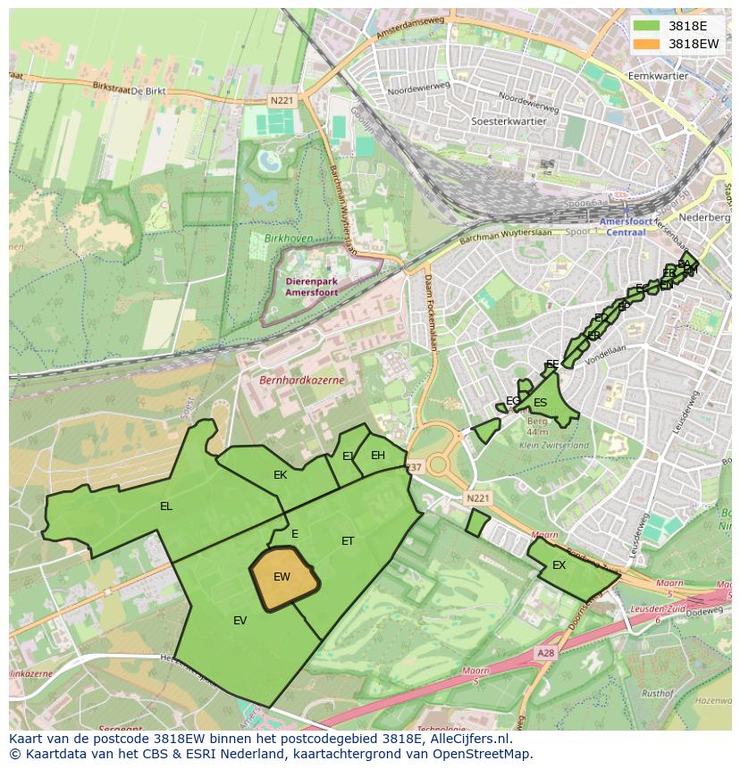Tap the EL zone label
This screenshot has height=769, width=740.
166,506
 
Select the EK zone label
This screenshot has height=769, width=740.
280,475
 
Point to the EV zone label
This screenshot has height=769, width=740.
240,621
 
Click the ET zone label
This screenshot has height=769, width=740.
348,540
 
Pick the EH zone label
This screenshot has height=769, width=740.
378,456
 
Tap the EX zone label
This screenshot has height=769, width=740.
559,565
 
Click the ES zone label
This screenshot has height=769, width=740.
540,403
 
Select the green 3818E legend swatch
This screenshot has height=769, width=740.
647,27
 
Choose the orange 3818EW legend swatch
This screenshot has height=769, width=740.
647,44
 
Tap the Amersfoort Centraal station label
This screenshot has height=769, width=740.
625,227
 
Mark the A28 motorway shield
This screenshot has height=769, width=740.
545,654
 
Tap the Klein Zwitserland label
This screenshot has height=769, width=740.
554,445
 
